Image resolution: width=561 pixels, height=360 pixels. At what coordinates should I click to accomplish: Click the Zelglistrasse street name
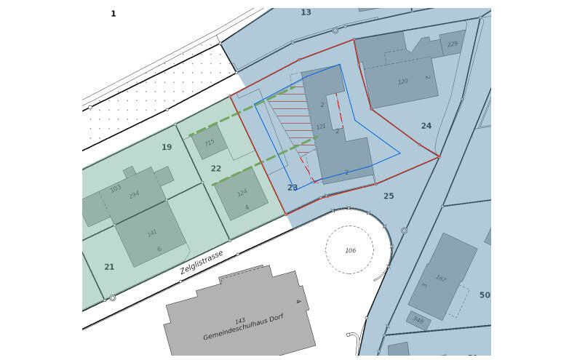pos(202,262)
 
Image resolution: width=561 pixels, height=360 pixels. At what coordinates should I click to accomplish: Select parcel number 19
pos(167,147)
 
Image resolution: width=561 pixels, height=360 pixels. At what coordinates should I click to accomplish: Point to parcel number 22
pos(216,169)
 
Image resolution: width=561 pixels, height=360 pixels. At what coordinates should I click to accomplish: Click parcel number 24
pos(426,126)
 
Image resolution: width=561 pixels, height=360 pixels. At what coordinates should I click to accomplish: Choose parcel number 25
pos(389,196)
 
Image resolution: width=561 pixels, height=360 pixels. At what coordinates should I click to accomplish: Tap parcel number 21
pos(109,267)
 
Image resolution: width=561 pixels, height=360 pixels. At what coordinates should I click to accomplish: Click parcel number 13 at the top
pos(306,12)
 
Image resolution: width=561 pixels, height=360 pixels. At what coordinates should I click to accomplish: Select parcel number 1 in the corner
pos(114,14)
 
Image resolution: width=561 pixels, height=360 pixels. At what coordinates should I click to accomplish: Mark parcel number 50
pos(485,295)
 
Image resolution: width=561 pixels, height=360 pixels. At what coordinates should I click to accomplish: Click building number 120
pos(403,81)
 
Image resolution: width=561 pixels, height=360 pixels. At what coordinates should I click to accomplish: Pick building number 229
pos(453,44)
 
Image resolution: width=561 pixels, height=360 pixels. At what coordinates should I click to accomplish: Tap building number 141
pos(152,233)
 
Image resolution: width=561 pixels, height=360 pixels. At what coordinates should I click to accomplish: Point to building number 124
pos(242,193)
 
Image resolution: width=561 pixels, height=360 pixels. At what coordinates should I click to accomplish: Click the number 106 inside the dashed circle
pos(351,251)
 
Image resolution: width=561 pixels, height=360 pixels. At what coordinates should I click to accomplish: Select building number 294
pos(134,195)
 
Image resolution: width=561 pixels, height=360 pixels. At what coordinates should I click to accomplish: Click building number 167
pos(441,278)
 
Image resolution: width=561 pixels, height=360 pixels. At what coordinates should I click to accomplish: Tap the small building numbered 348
pos(418,319)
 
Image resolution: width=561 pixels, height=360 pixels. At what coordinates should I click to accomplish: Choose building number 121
pos(321,127)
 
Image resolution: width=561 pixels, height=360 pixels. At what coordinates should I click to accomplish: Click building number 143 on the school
pos(240,320)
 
